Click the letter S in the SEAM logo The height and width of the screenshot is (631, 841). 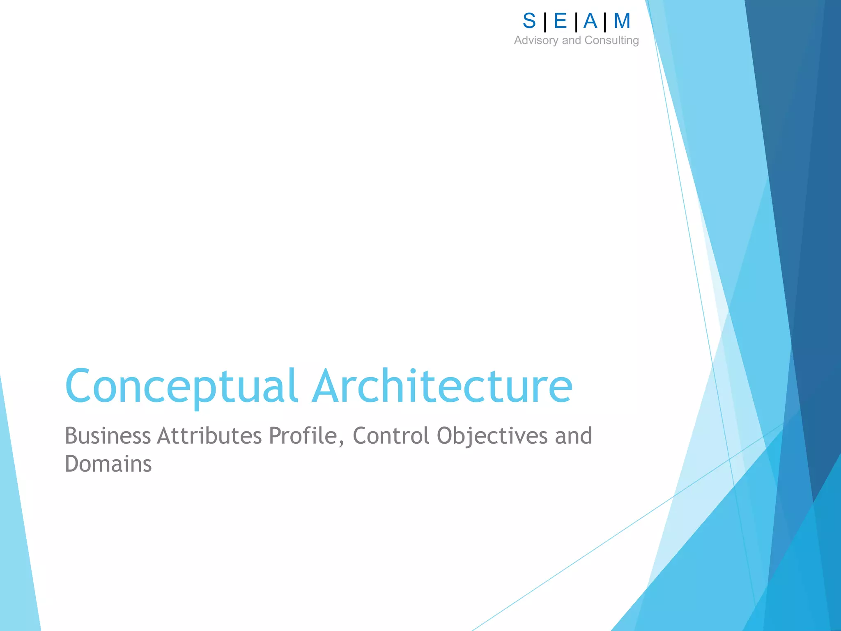click(529, 21)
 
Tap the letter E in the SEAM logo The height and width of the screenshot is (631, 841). click(560, 21)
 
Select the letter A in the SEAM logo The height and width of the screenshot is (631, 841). click(590, 21)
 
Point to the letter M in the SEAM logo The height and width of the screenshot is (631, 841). click(622, 21)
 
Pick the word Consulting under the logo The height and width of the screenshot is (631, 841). click(611, 40)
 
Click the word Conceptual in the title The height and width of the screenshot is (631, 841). click(181, 386)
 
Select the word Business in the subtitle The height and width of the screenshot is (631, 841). click(108, 436)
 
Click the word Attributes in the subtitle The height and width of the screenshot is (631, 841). click(209, 436)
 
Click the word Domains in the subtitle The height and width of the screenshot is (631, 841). click(108, 464)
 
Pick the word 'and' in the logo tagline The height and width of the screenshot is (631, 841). click(571, 40)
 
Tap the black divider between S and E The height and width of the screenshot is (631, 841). click(545, 22)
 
